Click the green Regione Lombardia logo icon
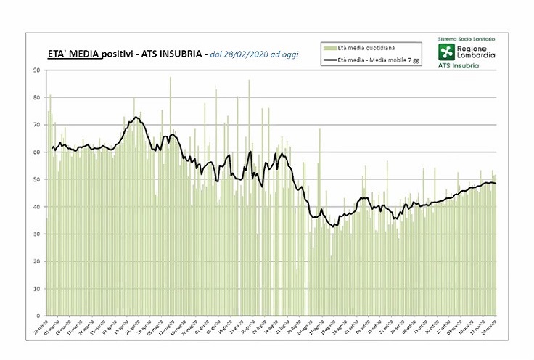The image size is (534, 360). coord(445,52)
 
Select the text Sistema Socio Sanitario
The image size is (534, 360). coord(465,37)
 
